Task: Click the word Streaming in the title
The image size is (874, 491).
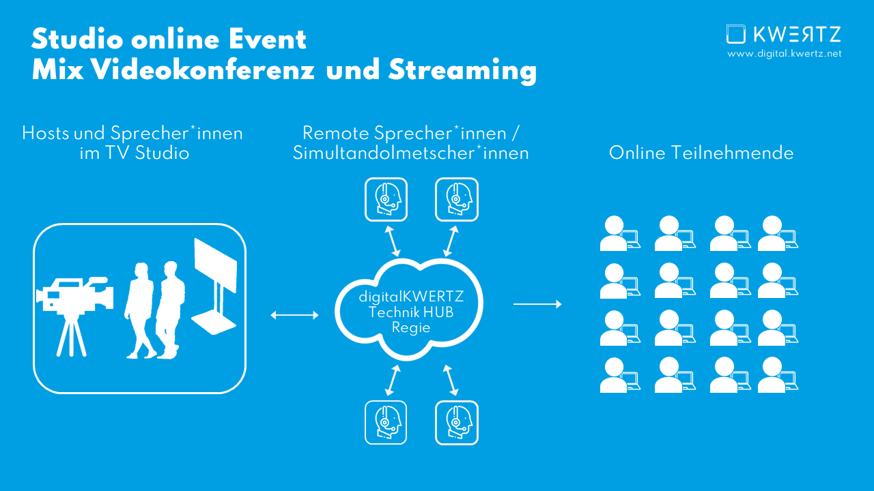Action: tap(462, 71)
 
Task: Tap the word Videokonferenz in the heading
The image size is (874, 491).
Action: tap(203, 70)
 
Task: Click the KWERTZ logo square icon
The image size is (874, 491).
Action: tap(736, 34)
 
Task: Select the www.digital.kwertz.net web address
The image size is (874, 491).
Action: tap(785, 54)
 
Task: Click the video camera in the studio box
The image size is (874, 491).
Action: tap(75, 296)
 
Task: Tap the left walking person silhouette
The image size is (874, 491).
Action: tap(140, 310)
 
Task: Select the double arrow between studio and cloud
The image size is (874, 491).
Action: tap(294, 315)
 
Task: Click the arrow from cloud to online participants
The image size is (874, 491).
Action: tap(537, 304)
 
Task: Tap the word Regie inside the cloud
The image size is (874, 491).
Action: tap(411, 327)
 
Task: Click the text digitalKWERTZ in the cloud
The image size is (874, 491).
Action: tap(411, 297)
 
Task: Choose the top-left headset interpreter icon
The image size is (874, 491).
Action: tap(386, 200)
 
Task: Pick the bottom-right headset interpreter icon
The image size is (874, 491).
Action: tap(457, 423)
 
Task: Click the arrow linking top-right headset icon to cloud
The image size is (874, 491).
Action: tap(451, 241)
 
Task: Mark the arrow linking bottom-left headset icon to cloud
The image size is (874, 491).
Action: tap(393, 381)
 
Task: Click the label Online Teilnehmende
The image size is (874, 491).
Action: tap(701, 153)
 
